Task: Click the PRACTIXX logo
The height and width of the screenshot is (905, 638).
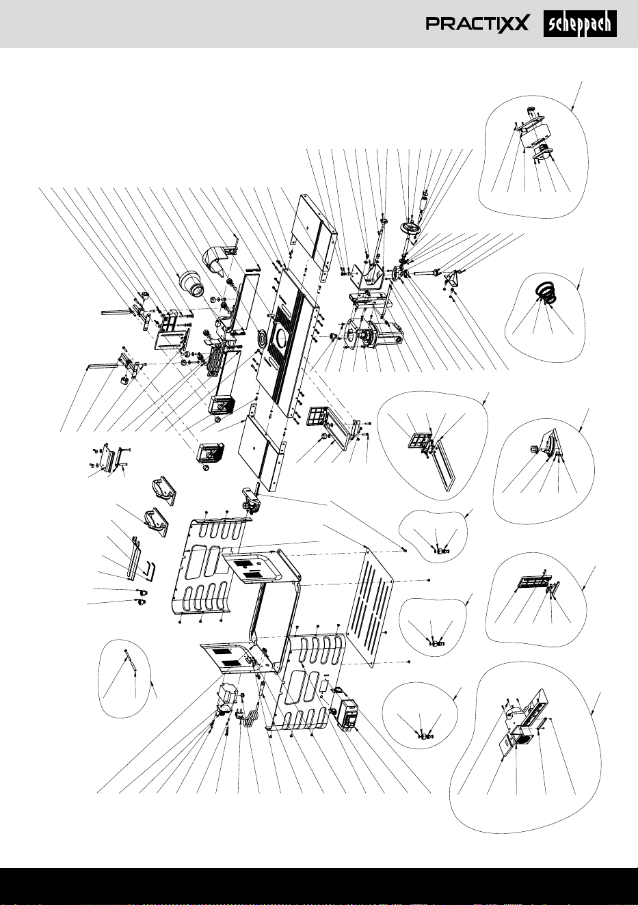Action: [477, 24]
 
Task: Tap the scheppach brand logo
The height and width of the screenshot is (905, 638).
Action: [580, 24]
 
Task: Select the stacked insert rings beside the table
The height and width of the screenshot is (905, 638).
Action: [263, 338]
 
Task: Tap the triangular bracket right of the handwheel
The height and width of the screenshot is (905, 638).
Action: [451, 279]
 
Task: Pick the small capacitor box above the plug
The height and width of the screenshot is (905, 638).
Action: [228, 694]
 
